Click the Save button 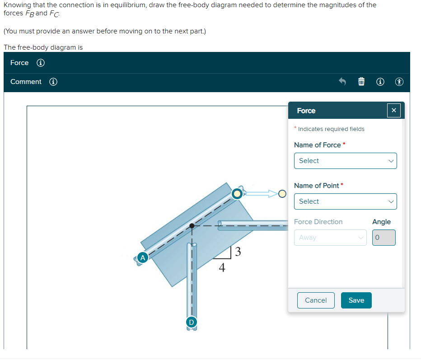click(x=356, y=300)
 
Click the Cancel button click(x=316, y=300)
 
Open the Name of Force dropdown click(x=345, y=161)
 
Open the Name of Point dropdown click(x=345, y=201)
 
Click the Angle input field click(x=384, y=238)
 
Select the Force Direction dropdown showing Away click(x=330, y=238)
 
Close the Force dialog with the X click(x=393, y=111)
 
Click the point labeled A click(x=143, y=257)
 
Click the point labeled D click(x=191, y=322)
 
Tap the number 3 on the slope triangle click(x=238, y=251)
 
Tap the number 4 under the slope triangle click(x=222, y=268)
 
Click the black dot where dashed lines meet click(x=192, y=225)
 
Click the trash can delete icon click(x=361, y=82)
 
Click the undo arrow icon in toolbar click(x=342, y=82)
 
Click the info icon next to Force click(x=40, y=63)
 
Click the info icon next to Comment click(x=53, y=82)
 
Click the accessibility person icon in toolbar click(x=399, y=82)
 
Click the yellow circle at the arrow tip click(x=282, y=194)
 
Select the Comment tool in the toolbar click(x=26, y=82)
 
